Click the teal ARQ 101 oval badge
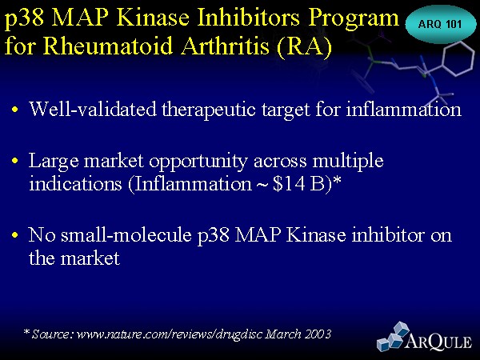tap(440, 24)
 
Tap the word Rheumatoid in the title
tap(108, 46)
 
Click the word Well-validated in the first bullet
tap(92, 108)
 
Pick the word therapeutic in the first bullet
tap(209, 110)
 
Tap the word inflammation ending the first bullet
tap(403, 108)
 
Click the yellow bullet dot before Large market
tap(14, 160)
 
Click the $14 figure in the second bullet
tap(289, 183)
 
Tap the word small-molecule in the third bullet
tap(126, 234)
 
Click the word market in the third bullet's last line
tap(90, 258)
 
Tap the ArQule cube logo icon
tap(393, 336)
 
